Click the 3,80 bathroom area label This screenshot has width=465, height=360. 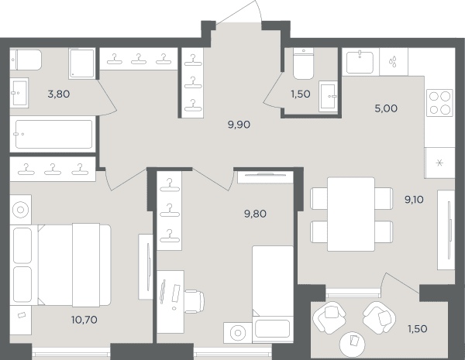[x=59, y=94]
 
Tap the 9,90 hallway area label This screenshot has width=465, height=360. [x=239, y=125]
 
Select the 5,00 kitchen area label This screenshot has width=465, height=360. [x=386, y=108]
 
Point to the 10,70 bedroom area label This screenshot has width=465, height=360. [x=84, y=320]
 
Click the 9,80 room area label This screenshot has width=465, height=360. [x=255, y=214]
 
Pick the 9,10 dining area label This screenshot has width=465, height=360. [x=414, y=200]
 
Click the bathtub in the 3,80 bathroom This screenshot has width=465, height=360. [x=53, y=134]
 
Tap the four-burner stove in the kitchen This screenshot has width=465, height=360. [x=439, y=103]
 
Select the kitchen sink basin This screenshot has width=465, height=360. [x=360, y=62]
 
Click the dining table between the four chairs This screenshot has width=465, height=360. [x=351, y=214]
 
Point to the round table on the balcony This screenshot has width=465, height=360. [x=352, y=344]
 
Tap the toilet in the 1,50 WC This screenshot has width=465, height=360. [x=303, y=63]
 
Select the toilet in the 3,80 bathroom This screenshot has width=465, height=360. [x=26, y=60]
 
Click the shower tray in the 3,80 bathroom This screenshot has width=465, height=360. [x=82, y=63]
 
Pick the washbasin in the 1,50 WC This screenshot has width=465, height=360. [x=329, y=96]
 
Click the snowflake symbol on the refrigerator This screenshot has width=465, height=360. [x=439, y=163]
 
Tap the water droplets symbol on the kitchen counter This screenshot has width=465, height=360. [x=393, y=62]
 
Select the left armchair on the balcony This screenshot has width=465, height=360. [x=329, y=317]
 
